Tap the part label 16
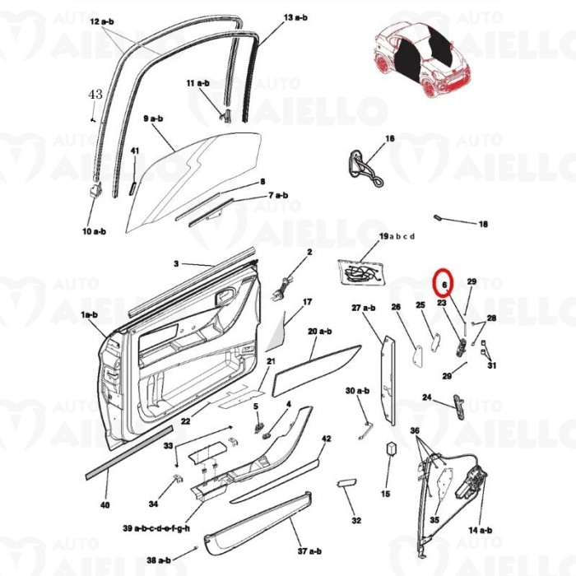389,138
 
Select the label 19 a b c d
397,236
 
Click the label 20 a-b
319,331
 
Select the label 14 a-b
480,531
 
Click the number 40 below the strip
105,504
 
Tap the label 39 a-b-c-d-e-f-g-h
156,527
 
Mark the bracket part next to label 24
458,404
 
